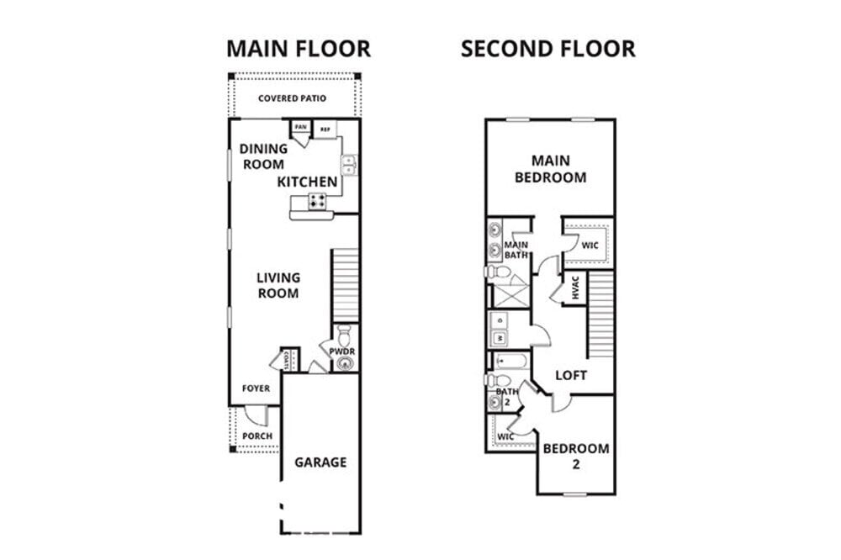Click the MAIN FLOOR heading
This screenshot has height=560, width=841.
(x=298, y=48)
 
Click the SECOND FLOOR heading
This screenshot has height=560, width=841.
(x=547, y=48)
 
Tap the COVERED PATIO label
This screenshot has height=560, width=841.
(x=292, y=98)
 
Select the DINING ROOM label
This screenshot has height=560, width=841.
(x=263, y=156)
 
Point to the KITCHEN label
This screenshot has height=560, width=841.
(x=307, y=182)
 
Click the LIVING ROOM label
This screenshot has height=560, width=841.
(x=278, y=285)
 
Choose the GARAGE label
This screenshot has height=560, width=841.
(x=320, y=462)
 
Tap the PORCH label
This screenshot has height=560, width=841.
(x=257, y=436)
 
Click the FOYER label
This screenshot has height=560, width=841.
(x=256, y=388)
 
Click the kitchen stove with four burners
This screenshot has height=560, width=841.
(x=318, y=201)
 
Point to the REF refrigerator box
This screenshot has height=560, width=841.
(x=325, y=129)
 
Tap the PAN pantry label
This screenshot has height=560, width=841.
(x=300, y=127)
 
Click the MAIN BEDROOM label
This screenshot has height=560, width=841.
(x=550, y=168)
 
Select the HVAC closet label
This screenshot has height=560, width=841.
(x=575, y=290)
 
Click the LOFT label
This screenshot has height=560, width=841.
(x=571, y=375)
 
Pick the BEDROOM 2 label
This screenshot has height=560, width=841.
(x=575, y=455)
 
